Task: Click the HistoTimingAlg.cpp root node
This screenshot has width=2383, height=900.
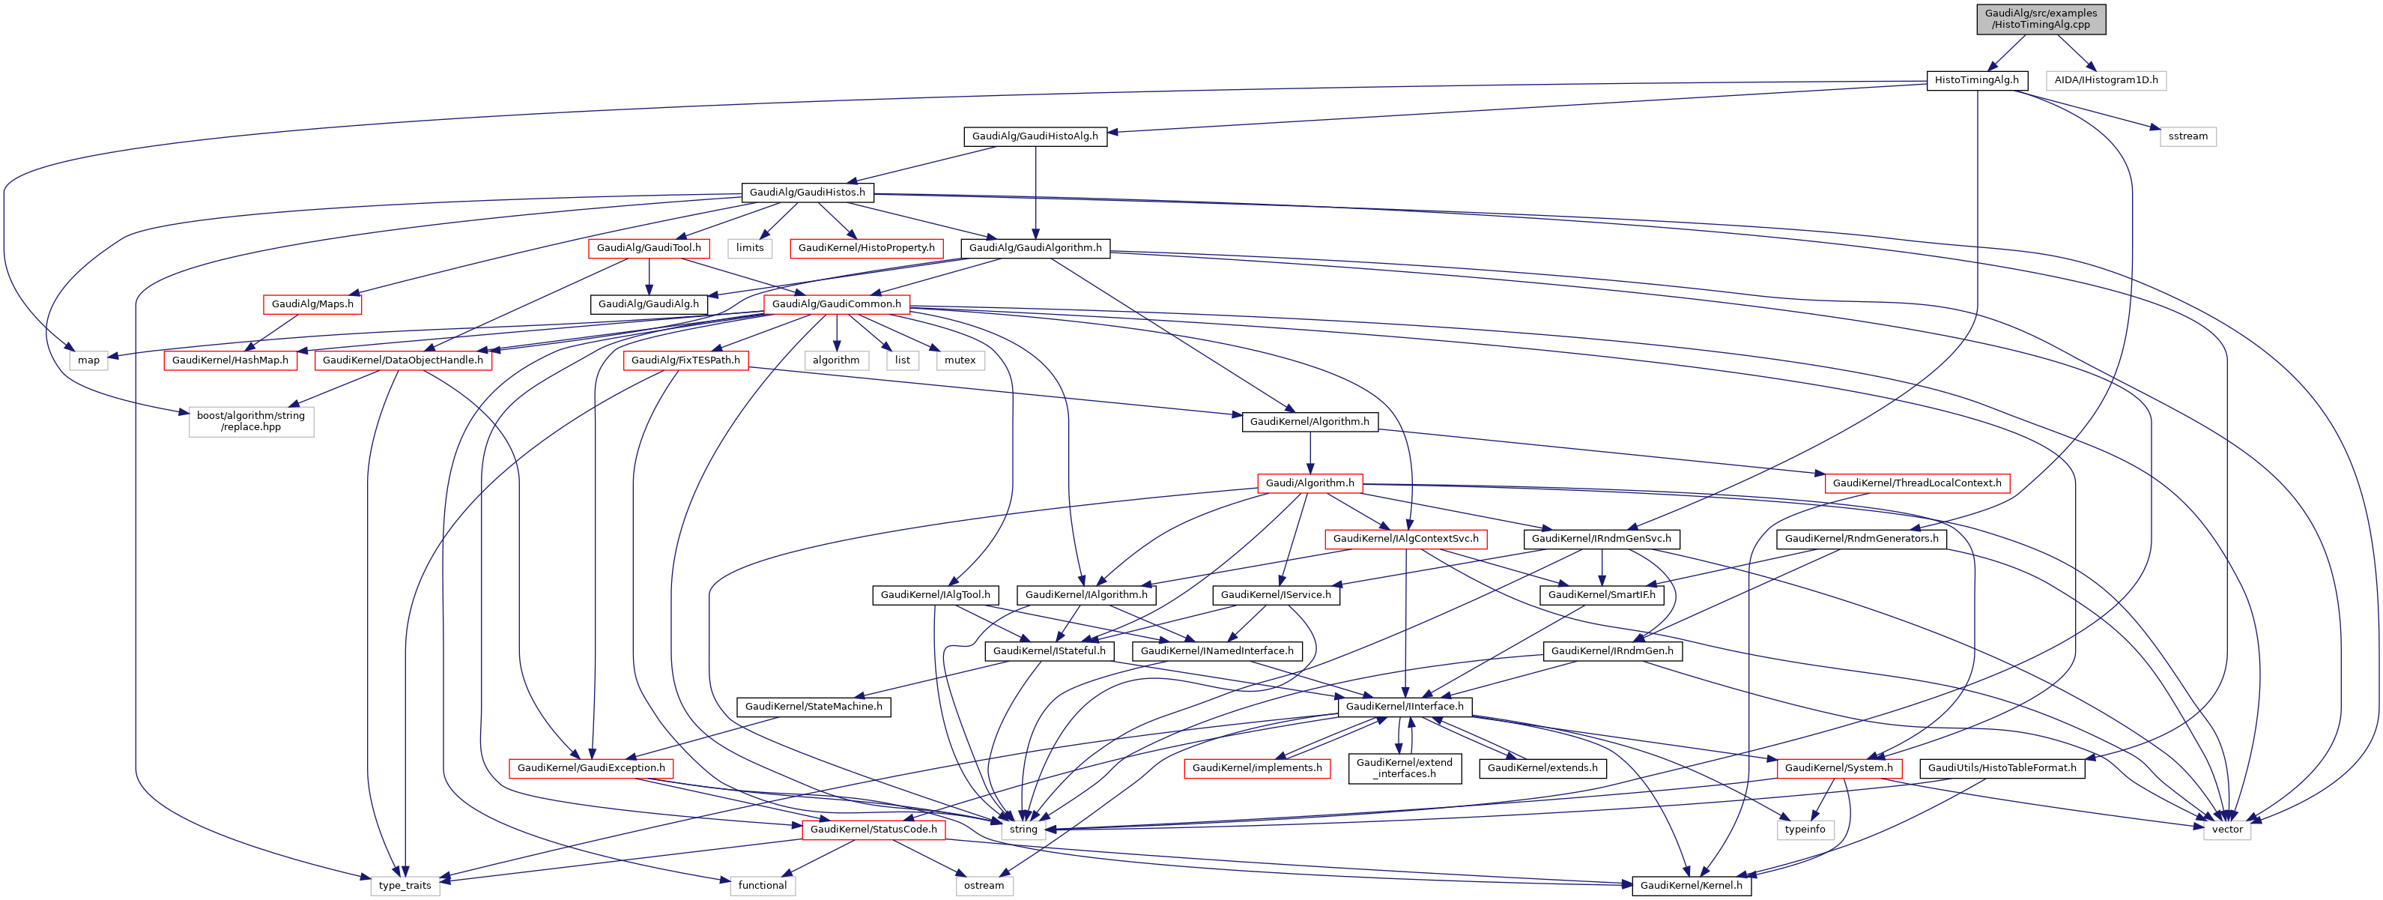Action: (x=2040, y=19)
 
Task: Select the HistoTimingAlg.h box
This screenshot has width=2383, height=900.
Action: (x=1976, y=80)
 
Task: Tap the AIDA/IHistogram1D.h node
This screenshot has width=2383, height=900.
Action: (x=2106, y=80)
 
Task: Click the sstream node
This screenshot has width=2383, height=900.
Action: (x=2187, y=136)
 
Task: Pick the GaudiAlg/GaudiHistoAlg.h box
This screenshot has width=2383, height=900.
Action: (x=1035, y=136)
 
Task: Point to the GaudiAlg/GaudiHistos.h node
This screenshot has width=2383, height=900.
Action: (x=807, y=193)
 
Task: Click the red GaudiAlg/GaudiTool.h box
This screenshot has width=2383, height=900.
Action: (x=649, y=248)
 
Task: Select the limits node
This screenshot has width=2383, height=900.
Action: (x=749, y=248)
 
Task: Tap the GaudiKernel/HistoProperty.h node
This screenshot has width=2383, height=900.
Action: (x=866, y=248)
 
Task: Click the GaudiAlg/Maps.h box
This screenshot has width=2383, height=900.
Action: (x=312, y=304)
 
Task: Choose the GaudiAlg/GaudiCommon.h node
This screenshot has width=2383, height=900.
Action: (x=835, y=304)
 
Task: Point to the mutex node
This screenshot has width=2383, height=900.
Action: (x=960, y=360)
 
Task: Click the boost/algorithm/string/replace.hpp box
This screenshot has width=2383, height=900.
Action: (x=251, y=422)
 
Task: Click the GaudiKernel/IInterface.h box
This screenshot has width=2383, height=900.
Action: (x=1405, y=707)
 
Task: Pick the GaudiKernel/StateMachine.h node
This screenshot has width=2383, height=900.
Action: (x=813, y=707)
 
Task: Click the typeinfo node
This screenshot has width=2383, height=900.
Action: (x=1804, y=830)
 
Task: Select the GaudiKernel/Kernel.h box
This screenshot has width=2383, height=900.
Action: (x=1690, y=886)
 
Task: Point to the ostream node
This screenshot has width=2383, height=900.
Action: (x=984, y=886)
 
